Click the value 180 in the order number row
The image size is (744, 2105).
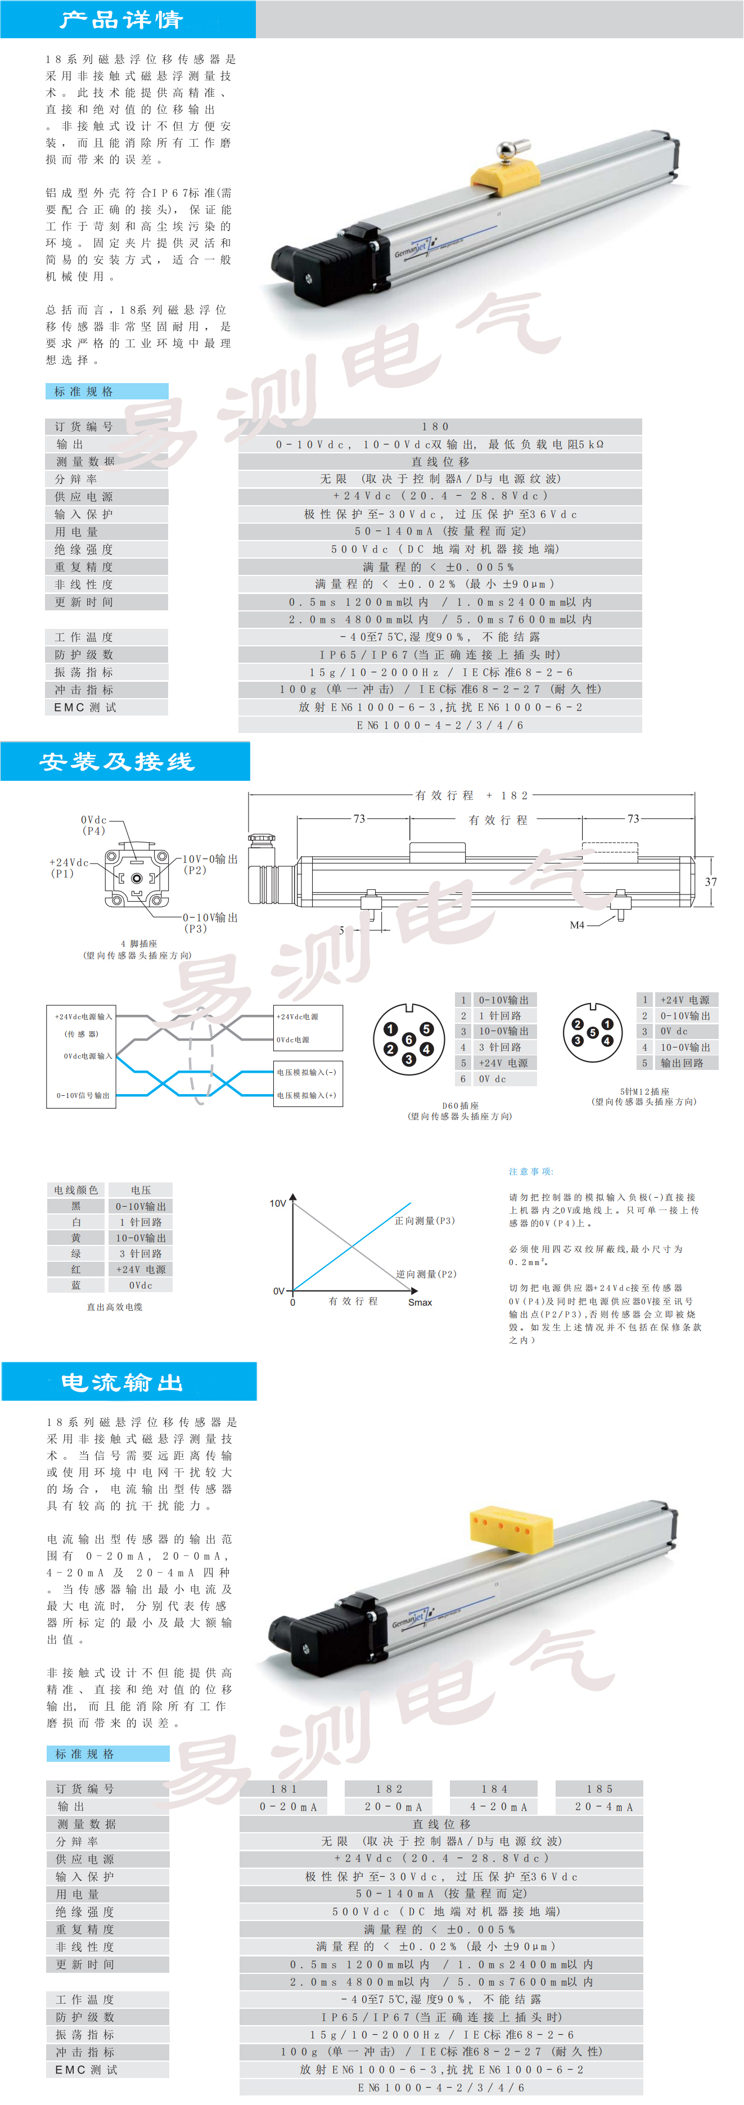[x=435, y=426]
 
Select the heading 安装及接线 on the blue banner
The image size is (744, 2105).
[x=118, y=762]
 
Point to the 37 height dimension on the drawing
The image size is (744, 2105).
[x=710, y=881]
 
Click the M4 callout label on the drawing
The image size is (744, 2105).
[x=576, y=924]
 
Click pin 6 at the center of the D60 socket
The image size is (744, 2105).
[x=408, y=1040]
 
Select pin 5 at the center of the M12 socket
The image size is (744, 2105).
[x=592, y=1032]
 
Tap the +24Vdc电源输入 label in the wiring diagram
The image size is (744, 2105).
[x=83, y=1016]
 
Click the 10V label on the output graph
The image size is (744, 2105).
[x=278, y=1203]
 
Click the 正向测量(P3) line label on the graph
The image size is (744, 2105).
[x=425, y=1221]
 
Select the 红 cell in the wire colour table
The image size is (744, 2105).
[x=76, y=1269]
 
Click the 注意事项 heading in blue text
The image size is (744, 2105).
[x=531, y=1171]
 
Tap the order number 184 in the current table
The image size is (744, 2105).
[x=494, y=1789]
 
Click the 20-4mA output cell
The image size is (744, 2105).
[x=599, y=1806]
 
